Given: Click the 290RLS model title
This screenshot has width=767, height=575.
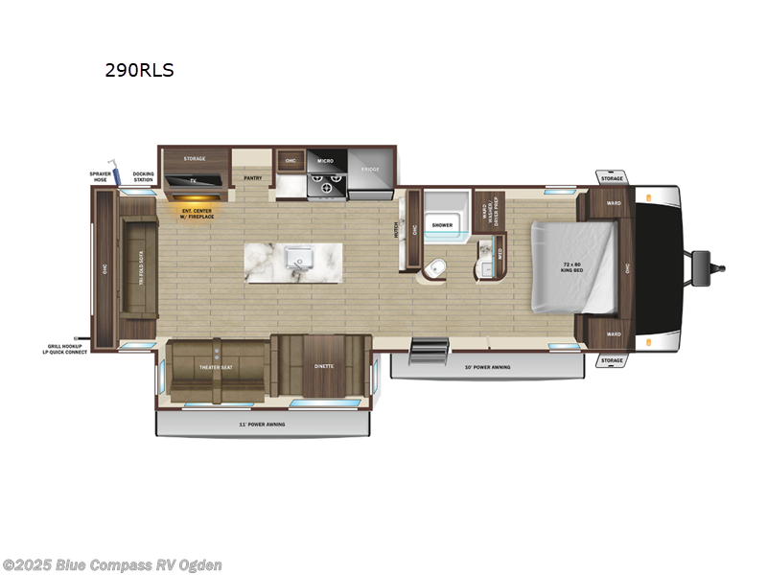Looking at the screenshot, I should tap(139, 70).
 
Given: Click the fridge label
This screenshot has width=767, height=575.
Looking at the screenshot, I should tap(371, 170).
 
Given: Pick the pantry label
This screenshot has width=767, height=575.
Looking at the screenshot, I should tap(253, 177).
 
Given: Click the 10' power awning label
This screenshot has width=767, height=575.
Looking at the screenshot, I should tap(487, 367).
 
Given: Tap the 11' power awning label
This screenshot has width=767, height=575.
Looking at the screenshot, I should tap(264, 424).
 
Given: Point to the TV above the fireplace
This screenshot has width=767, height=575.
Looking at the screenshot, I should tap(195, 180).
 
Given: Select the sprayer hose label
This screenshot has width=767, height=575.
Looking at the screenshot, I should tap(101, 177).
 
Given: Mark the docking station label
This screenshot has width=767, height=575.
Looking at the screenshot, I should tap(144, 177).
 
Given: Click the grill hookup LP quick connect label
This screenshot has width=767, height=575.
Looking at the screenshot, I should tap(66, 349).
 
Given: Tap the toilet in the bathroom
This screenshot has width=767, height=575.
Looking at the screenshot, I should tap(434, 267).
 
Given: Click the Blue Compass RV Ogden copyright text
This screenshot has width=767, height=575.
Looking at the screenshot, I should tap(113, 565).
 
